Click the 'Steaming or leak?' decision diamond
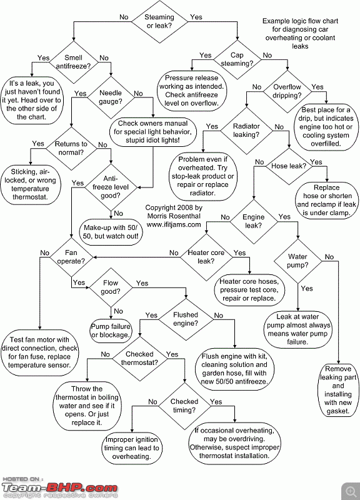160,22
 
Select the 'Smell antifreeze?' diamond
74,62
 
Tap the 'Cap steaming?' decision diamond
237,59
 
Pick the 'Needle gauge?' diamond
111,97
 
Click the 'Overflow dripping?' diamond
287,91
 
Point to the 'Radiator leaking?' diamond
246,131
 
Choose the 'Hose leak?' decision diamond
289,166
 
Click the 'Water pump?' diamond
297,261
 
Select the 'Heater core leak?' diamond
206,257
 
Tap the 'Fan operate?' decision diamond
71,257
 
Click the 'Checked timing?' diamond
184,406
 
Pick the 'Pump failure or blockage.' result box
111,331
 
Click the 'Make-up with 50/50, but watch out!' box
111,232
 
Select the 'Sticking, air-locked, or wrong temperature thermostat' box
30,184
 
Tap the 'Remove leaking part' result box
338,390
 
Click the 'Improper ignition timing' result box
131,448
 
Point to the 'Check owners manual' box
152,132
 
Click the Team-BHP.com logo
59,488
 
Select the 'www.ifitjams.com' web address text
174,224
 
